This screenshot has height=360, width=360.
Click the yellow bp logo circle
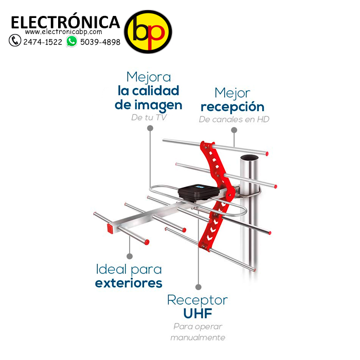point(148,32)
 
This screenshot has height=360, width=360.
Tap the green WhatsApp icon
point(72,41)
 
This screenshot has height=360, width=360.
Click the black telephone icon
point(15,41)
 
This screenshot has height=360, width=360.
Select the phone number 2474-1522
point(43,42)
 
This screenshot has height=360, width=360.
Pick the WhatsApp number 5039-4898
point(100,42)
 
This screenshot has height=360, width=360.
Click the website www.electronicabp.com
point(64,32)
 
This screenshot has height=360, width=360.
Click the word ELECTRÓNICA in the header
point(65,22)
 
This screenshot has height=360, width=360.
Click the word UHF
point(197,313)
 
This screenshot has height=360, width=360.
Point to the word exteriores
point(129,283)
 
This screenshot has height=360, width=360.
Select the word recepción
point(232,107)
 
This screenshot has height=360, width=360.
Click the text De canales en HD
point(234,119)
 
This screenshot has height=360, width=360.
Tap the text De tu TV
point(149,118)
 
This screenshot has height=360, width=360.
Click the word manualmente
point(197,337)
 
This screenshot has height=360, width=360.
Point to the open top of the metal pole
point(249,158)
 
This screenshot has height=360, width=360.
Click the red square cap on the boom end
point(110,228)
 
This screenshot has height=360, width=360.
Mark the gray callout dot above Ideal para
point(130,256)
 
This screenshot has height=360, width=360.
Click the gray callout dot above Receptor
point(199,287)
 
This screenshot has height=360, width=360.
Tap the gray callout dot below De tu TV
point(150,128)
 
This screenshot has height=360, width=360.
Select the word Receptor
point(197,300)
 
